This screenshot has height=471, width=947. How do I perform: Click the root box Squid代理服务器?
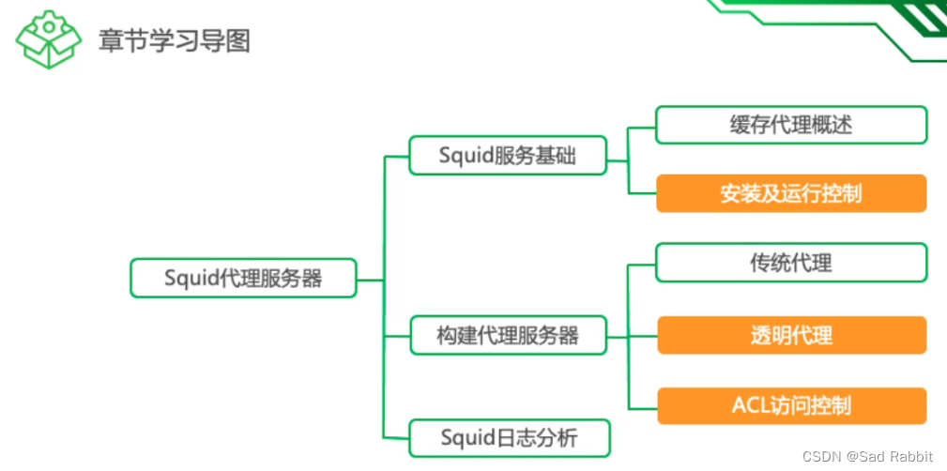pyautogui.click(x=243, y=278)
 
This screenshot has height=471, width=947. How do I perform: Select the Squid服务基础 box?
pyautogui.click(x=508, y=156)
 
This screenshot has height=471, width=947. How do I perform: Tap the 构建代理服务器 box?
pyautogui.click(x=508, y=335)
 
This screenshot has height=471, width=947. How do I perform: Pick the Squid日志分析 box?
pyautogui.click(x=510, y=437)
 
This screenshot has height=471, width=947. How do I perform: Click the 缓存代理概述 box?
pyautogui.click(x=791, y=125)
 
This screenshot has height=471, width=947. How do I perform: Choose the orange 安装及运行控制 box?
pyautogui.click(x=791, y=193)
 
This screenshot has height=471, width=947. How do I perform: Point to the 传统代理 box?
pyautogui.click(x=791, y=263)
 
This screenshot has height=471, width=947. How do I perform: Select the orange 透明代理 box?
pyautogui.click(x=791, y=335)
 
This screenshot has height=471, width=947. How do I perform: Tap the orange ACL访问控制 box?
pyautogui.click(x=791, y=406)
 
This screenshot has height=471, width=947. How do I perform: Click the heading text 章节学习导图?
pyautogui.click(x=175, y=40)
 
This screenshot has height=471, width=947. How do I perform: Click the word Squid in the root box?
pyautogui.click(x=191, y=279)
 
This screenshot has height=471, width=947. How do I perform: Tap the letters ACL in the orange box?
pyautogui.click(x=749, y=406)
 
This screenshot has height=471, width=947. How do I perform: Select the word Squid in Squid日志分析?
pyautogui.click(x=467, y=437)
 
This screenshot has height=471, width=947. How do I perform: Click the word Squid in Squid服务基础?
pyautogui.click(x=466, y=156)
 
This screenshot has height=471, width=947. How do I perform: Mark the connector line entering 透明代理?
pyautogui.click(x=642, y=336)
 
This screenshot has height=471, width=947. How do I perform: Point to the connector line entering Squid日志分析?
pyautogui.click(x=397, y=438)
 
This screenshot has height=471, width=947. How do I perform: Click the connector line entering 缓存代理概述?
pyautogui.click(x=642, y=126)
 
